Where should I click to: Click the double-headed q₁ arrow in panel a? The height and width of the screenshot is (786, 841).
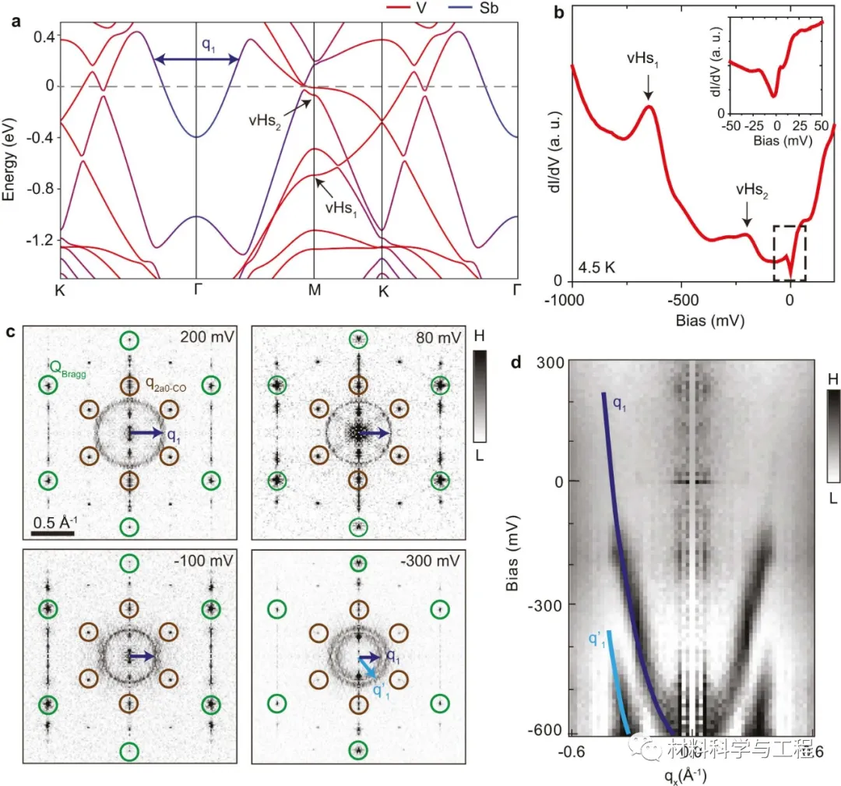(196, 59)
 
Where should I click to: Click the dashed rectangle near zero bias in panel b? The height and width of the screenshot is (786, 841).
(790, 252)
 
